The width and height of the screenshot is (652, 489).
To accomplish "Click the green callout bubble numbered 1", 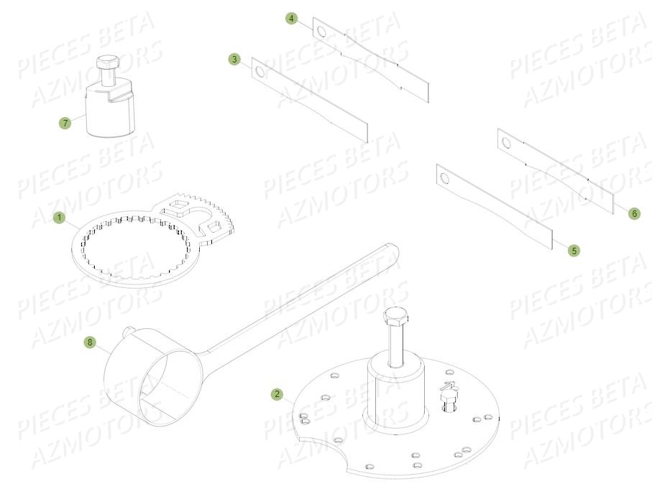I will point(60,216).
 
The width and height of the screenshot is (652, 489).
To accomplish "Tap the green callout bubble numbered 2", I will point(277,394).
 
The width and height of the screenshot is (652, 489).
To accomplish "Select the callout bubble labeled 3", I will point(234,60).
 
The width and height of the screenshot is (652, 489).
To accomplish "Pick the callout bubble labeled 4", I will point(291,19).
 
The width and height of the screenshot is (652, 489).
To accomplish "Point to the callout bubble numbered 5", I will point(574,251).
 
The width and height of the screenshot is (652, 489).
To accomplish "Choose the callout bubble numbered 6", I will point(634,213).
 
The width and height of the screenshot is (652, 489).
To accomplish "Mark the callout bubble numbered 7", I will point(65,123).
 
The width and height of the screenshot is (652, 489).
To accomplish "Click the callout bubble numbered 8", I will point(90,343).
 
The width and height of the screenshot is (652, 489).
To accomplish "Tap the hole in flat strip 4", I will point(320,32).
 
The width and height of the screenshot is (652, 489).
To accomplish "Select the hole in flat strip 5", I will point(444,177).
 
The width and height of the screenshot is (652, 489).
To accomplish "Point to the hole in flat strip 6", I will point(506,142).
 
